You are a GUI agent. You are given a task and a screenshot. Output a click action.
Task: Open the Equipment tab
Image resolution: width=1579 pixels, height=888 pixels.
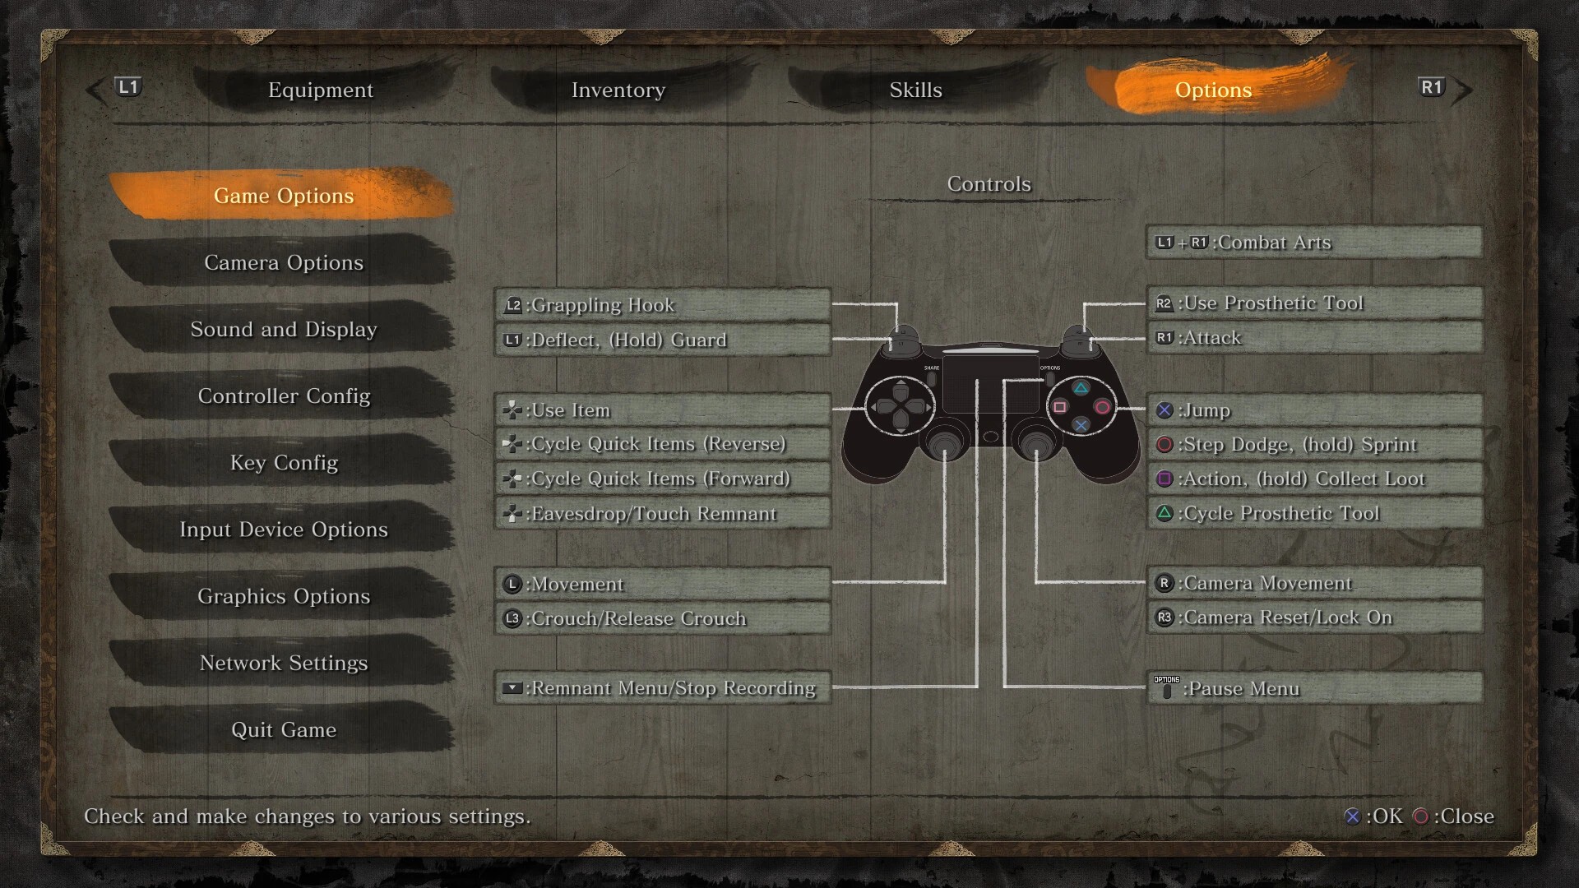(321, 90)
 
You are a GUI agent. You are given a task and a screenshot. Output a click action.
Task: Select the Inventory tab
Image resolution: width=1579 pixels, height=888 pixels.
(618, 90)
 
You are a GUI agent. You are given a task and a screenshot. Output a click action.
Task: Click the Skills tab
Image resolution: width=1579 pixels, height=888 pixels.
(915, 90)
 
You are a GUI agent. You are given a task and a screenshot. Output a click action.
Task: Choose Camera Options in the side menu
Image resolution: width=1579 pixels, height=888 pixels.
(284, 262)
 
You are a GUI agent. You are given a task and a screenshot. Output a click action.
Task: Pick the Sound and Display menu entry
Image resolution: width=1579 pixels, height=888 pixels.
(284, 329)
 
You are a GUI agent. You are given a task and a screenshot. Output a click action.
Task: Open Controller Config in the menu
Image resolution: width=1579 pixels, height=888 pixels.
(284, 395)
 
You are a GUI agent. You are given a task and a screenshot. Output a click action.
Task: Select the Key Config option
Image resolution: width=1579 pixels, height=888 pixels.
(284, 462)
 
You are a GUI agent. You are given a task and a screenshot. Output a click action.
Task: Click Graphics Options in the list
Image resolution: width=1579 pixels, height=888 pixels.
(284, 596)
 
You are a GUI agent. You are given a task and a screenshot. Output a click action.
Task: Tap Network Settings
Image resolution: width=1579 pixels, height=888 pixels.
(284, 663)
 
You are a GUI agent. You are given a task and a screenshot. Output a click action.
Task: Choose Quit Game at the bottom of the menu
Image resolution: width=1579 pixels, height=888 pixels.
(284, 729)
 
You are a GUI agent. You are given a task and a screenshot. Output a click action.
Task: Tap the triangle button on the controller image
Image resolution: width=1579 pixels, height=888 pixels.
(1081, 388)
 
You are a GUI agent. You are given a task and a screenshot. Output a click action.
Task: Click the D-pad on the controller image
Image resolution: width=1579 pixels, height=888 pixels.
(901, 406)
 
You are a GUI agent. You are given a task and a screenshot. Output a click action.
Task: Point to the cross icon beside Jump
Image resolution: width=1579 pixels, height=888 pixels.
(1165, 410)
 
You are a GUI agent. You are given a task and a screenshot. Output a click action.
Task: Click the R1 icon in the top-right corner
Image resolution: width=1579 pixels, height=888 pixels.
(1432, 87)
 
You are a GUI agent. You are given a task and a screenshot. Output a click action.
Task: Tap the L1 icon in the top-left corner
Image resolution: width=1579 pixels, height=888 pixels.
(129, 87)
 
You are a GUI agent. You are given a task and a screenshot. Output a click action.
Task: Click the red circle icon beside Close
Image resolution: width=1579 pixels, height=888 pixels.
(1421, 816)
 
